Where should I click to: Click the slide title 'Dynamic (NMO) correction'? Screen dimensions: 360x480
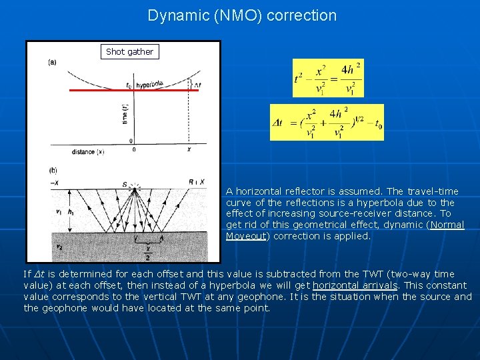(x=242, y=15)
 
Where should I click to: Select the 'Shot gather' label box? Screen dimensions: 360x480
(x=129, y=51)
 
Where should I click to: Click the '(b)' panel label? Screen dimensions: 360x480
(x=52, y=171)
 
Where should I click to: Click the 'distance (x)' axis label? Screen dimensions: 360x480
(x=88, y=152)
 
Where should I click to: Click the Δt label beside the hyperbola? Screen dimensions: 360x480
(x=196, y=85)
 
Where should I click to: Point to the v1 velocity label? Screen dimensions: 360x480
(x=58, y=212)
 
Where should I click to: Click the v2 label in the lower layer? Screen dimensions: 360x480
(x=58, y=247)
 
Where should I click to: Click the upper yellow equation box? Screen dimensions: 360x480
(x=328, y=78)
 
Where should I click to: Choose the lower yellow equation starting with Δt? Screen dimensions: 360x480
(x=327, y=122)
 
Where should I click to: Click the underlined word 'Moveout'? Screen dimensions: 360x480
(x=246, y=236)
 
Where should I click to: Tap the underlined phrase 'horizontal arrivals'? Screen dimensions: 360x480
(x=355, y=285)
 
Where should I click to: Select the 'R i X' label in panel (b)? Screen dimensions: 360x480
(x=198, y=181)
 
